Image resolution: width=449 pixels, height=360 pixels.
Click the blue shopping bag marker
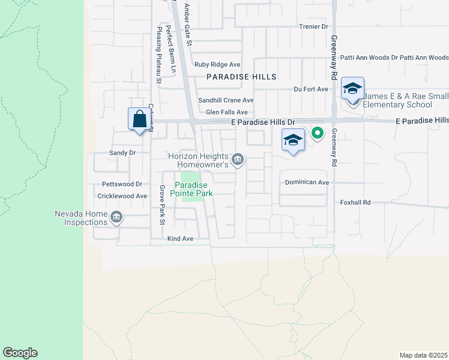coord(139,119)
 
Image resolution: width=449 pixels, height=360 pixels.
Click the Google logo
coord(20,353)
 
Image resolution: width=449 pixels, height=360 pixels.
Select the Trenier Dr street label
coord(314,27)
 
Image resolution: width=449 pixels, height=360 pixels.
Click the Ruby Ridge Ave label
coord(217,65)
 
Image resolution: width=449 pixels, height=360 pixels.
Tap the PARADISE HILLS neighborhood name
coord(242,77)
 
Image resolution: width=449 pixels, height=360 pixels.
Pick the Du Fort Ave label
coord(311,89)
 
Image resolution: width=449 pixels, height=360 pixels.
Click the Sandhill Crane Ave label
coord(226,100)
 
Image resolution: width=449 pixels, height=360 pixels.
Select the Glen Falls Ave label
coord(226,112)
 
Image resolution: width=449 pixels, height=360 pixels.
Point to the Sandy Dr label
coord(122,153)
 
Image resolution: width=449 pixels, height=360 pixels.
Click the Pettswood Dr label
coord(122,184)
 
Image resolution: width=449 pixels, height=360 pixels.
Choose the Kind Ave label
coord(180,239)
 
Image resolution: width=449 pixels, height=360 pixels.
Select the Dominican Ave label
coord(307,182)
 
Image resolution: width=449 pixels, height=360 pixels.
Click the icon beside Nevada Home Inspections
coord(116,217)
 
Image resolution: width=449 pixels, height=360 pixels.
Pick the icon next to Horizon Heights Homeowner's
coord(238,159)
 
